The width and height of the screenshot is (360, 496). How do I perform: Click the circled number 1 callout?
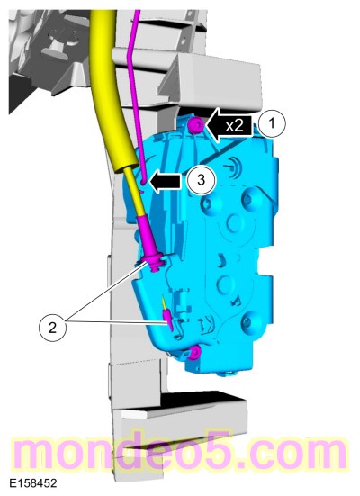click(273, 123)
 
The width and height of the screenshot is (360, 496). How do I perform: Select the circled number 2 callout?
click(52, 327)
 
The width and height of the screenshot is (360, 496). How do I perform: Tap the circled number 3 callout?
click(201, 180)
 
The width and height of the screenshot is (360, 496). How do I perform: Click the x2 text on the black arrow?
click(234, 126)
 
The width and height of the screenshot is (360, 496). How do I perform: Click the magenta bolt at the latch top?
click(197, 125)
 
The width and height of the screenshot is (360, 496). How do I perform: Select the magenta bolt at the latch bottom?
click(194, 352)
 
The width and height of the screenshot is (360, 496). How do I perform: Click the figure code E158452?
click(33, 483)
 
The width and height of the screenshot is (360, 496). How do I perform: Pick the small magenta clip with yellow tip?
click(167, 318)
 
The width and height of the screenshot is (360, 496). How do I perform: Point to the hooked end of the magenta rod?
click(143, 181)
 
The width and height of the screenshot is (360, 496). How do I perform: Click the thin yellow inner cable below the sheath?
click(133, 192)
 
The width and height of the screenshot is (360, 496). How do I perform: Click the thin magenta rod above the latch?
click(134, 95)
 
